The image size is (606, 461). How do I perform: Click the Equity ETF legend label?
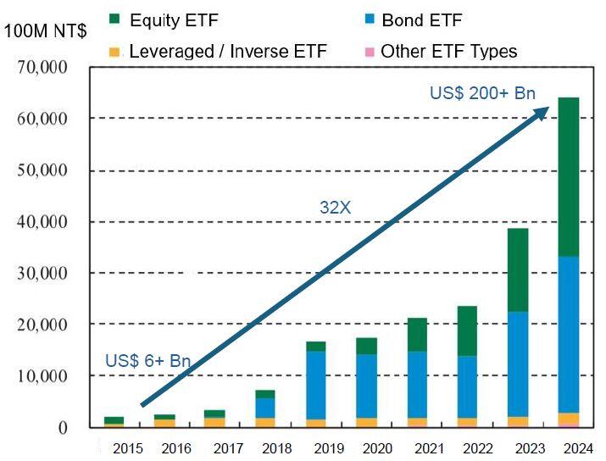click(x=174, y=20)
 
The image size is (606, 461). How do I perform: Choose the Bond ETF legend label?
click(x=421, y=20)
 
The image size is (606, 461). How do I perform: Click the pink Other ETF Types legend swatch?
click(x=369, y=53)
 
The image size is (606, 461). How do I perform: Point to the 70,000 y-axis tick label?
click(x=42, y=67)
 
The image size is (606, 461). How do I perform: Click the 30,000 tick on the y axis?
click(x=42, y=273)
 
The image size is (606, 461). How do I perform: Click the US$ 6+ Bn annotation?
click(x=147, y=361)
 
